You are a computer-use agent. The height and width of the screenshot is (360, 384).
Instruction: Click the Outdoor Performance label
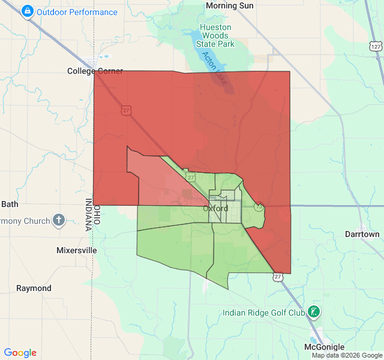point(77,12)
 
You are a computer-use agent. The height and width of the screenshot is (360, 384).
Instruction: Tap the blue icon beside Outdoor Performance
point(27,11)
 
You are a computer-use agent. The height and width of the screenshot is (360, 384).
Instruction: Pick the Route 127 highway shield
point(376,46)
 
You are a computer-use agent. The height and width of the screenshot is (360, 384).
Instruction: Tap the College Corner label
point(95,71)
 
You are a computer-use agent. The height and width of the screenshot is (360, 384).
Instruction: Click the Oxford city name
point(215,209)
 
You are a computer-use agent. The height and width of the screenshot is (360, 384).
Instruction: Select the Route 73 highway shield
point(259,207)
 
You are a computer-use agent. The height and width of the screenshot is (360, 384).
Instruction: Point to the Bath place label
point(10,204)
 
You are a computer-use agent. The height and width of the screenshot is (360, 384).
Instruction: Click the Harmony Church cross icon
point(58,220)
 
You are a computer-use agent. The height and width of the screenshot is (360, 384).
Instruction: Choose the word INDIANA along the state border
point(88,214)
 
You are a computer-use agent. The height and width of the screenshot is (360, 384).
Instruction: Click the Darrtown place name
point(362,234)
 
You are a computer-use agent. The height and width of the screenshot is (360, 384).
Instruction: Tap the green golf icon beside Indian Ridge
point(313,311)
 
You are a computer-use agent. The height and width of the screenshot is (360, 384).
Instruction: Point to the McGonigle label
point(324,347)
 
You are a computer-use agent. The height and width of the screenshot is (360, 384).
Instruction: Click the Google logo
point(20,353)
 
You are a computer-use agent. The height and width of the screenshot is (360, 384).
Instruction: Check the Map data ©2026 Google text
point(347,356)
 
